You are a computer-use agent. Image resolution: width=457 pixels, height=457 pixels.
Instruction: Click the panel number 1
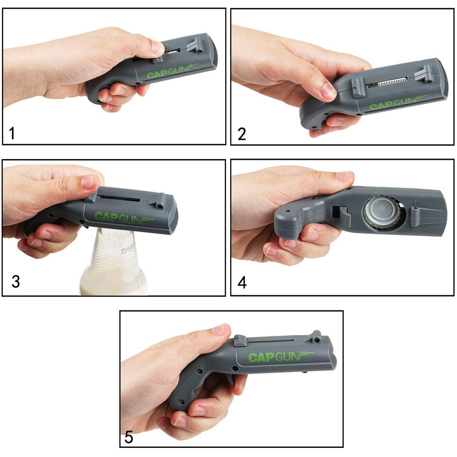[12, 134]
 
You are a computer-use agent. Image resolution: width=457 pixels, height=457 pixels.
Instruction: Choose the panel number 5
[129, 437]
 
